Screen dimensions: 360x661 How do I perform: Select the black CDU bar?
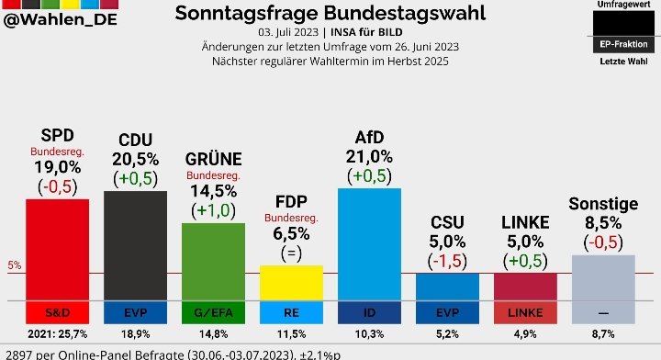[135, 244]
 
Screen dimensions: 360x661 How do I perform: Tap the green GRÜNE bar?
[213, 261]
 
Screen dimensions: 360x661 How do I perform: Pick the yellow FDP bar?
[291, 282]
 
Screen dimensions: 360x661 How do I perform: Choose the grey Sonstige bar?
[603, 276]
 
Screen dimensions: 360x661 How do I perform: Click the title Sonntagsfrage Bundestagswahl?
[330, 13]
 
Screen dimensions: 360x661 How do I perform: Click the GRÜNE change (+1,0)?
[213, 210]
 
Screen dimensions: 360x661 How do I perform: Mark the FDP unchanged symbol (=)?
[291, 253]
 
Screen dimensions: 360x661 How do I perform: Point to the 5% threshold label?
[14, 266]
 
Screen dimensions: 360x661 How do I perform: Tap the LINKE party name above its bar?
[525, 222]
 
